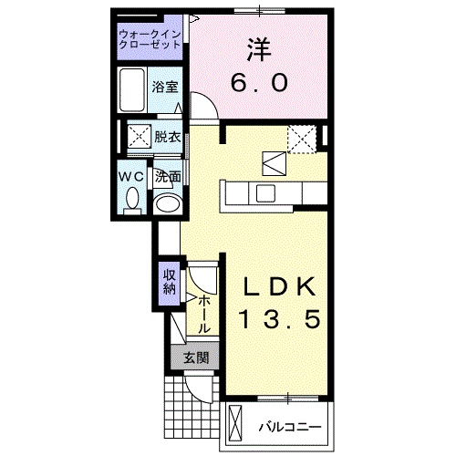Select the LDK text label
[x=281, y=287]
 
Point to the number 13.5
[x=281, y=320]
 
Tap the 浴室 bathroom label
[x=166, y=88]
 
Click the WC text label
[x=130, y=175]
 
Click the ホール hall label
[x=203, y=312]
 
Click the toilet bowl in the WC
[x=132, y=199]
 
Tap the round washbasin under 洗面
[x=167, y=202]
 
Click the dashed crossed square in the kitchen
[x=301, y=137]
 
